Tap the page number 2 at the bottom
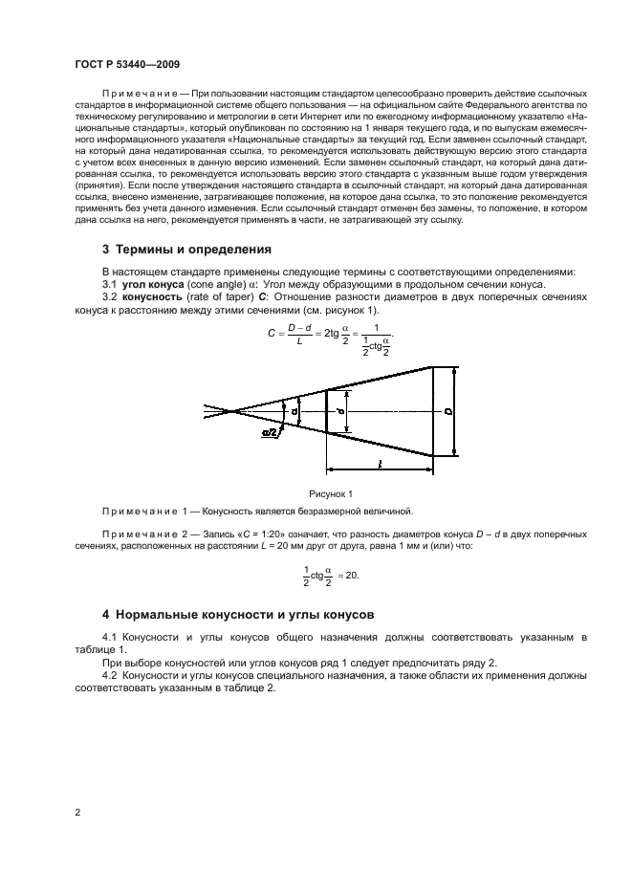76,813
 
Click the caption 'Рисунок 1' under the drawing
332,493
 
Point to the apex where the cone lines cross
234,411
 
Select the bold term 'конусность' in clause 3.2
155,297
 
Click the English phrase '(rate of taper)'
218,297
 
